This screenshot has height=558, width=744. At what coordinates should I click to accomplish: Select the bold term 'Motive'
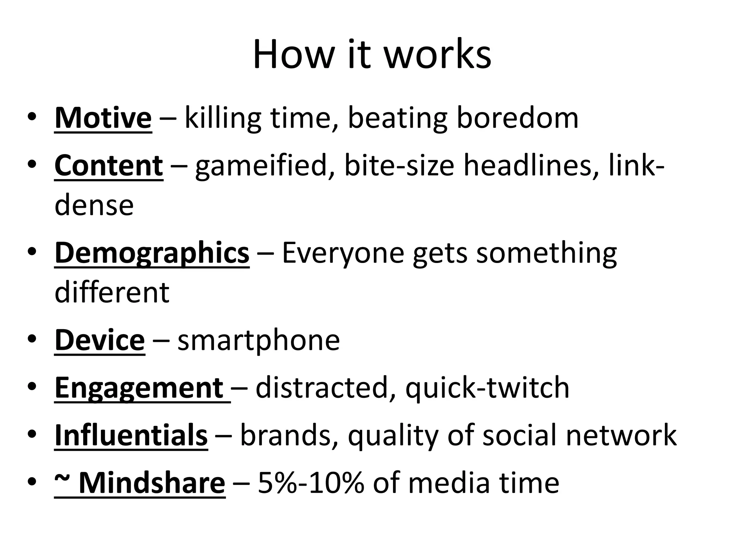tap(103, 118)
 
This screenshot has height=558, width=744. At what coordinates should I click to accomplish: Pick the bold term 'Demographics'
tap(152, 253)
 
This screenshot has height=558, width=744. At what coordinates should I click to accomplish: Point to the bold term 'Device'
tap(100, 340)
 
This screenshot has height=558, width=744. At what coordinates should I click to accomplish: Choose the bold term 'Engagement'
tap(139, 388)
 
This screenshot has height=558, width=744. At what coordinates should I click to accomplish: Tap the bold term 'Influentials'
tap(131, 435)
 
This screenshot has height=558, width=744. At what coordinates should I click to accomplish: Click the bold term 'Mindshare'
tap(151, 483)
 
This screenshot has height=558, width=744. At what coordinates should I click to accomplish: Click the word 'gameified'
tap(262, 166)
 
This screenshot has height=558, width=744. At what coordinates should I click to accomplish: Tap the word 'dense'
tap(94, 205)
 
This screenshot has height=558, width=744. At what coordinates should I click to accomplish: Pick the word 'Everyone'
tap(343, 253)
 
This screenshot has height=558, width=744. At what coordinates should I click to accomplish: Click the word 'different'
tap(112, 292)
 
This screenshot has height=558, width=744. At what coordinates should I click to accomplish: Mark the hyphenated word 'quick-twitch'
tap(487, 388)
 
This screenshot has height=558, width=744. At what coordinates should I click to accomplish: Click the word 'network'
tap(621, 435)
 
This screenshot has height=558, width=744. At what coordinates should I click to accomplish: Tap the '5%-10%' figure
tap(311, 483)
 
